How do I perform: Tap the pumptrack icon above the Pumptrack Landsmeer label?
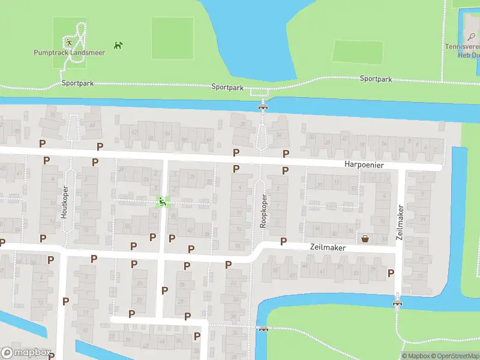pyautogui.click(x=70, y=43)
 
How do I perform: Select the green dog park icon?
pyautogui.click(x=118, y=44)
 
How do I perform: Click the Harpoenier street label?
pyautogui.click(x=364, y=164)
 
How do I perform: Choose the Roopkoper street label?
pyautogui.click(x=263, y=211)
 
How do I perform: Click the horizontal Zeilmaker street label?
pyautogui.click(x=329, y=247)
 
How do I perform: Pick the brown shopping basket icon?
pyautogui.click(x=365, y=239)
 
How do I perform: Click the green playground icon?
pyautogui.click(x=162, y=202)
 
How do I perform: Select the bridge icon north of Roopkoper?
pyautogui.click(x=262, y=107)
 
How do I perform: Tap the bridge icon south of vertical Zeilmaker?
pyautogui.click(x=396, y=302)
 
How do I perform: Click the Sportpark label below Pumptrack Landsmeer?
pyautogui.click(x=77, y=83)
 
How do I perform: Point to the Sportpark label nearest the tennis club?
pyautogui.click(x=376, y=79)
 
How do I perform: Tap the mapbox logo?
pyautogui.click(x=26, y=353)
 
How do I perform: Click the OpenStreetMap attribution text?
pyautogui.click(x=457, y=356)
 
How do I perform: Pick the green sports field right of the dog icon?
pyautogui.click(x=172, y=38)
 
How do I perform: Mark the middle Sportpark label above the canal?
pyautogui.click(x=227, y=87)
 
